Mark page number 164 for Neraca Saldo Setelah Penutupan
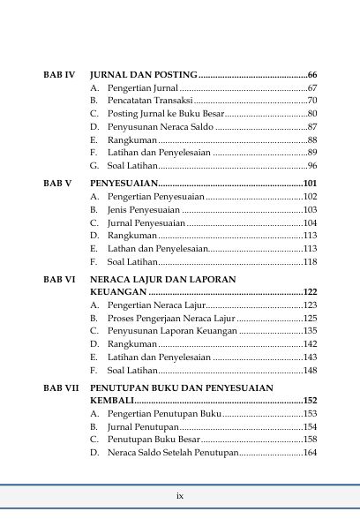[x=310, y=453]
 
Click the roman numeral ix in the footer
[x=180, y=495]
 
